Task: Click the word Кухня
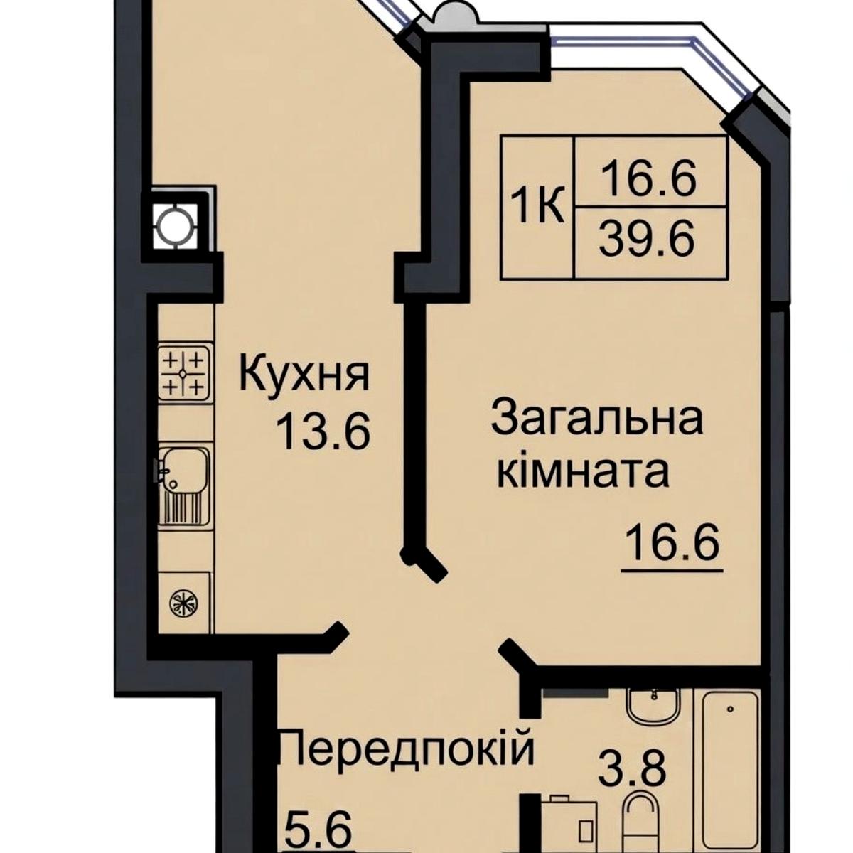(304, 375)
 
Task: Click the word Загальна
(596, 418)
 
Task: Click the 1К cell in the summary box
(537, 208)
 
